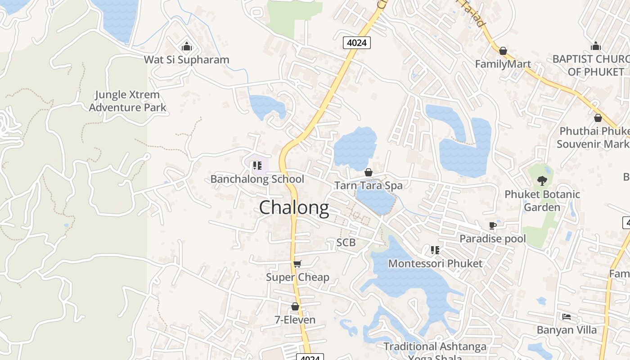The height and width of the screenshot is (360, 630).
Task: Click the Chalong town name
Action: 294,208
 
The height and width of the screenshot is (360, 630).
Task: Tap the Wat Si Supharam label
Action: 186,59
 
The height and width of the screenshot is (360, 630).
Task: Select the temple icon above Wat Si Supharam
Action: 186,46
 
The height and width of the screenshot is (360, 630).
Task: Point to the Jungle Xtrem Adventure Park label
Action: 127,101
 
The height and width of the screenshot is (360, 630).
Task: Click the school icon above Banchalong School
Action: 257,166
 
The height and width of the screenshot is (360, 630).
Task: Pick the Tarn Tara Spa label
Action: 368,185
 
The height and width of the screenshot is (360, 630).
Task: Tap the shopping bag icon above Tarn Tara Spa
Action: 368,172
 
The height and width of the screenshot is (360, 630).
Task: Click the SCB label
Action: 346,243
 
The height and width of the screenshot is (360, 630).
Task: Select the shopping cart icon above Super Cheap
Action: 297,264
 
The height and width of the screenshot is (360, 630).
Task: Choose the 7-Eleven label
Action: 295,320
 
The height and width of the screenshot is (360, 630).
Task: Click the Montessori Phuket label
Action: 435,263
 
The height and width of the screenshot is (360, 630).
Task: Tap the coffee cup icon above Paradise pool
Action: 493,225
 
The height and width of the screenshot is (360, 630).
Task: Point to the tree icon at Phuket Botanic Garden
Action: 542,181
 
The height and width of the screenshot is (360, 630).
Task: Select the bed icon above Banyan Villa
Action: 567,317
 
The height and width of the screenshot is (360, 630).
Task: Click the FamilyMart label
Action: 503,64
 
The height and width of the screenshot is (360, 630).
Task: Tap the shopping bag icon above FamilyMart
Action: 503,51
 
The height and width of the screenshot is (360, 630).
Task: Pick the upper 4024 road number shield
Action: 356,43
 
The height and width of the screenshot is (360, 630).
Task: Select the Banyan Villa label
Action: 567,330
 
